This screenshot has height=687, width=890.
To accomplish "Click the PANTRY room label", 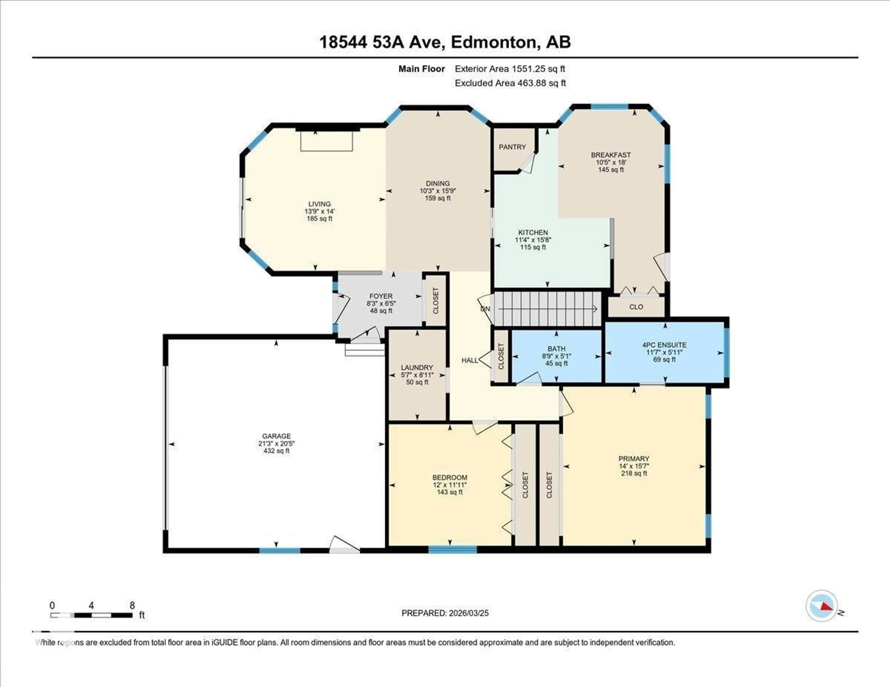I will click(x=512, y=147).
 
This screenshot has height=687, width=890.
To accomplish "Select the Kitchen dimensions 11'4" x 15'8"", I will click(x=533, y=240).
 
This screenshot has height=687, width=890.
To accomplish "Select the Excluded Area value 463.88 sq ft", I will click(x=542, y=83).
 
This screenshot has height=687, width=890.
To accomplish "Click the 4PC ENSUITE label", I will click(x=664, y=345).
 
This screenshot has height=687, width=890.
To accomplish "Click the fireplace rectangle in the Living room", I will click(x=326, y=141).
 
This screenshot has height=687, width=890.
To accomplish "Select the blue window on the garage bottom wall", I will click(x=280, y=551).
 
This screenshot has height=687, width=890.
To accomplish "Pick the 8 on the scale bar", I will click(x=132, y=605).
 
